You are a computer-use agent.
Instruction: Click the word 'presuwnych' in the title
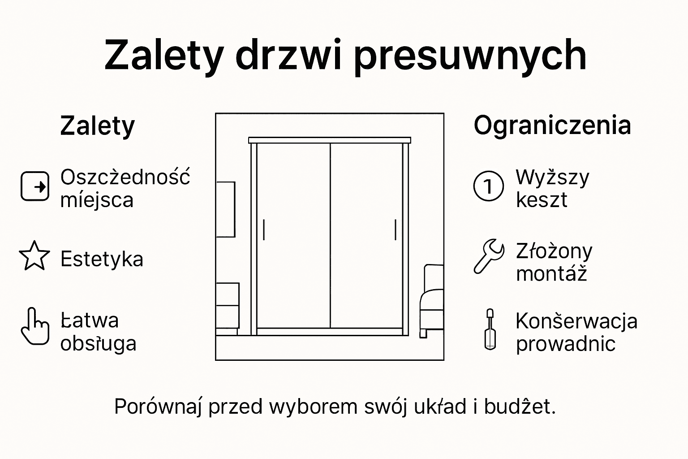pyautogui.click(x=470, y=56)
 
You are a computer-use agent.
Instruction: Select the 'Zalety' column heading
pyautogui.click(x=97, y=126)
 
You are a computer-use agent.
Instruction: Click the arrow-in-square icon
pyautogui.click(x=35, y=186)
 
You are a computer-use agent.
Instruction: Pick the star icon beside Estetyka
pyautogui.click(x=34, y=256)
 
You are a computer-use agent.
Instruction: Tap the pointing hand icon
pyautogui.click(x=34, y=326)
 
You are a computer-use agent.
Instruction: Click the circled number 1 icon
pyautogui.click(x=489, y=186)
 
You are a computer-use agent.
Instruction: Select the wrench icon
pyautogui.click(x=489, y=256)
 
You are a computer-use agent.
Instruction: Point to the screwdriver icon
pyautogui.click(x=490, y=329)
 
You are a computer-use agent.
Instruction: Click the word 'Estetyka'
pyautogui.click(x=102, y=259)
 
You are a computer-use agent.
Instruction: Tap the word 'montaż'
pyautogui.click(x=551, y=273)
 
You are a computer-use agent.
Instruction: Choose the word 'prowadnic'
pyautogui.click(x=565, y=343)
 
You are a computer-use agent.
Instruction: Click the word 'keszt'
pyautogui.click(x=541, y=200)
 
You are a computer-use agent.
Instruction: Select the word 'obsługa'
pyautogui.click(x=98, y=343)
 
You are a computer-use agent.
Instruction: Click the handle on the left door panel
pyautogui.click(x=264, y=230)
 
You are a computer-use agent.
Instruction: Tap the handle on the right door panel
pyautogui.click(x=396, y=230)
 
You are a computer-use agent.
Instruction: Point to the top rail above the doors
pyautogui.click(x=330, y=140)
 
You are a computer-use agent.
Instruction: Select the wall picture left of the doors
pyautogui.click(x=225, y=209)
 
